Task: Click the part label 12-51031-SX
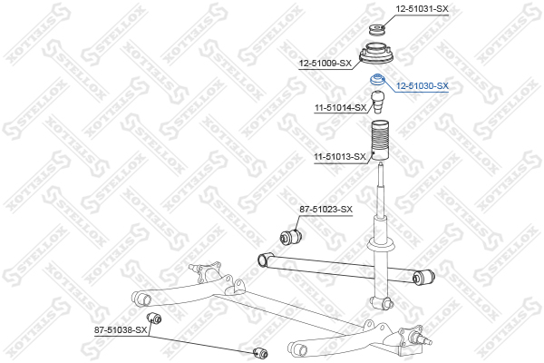click(x=422, y=9)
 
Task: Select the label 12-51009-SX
click(x=325, y=64)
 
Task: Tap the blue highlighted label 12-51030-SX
click(x=423, y=86)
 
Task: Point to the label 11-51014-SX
click(x=340, y=108)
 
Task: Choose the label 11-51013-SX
click(x=340, y=157)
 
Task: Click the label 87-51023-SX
click(x=325, y=209)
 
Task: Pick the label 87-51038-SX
click(x=121, y=330)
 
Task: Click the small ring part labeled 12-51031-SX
click(x=377, y=30)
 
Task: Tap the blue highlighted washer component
click(x=377, y=80)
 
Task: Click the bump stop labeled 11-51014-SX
click(x=378, y=102)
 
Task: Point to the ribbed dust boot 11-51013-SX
click(x=380, y=141)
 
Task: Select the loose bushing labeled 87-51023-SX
click(x=291, y=236)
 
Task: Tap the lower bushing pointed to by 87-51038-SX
click(x=260, y=353)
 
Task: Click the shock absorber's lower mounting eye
click(x=383, y=303)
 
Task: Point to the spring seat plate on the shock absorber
click(x=381, y=244)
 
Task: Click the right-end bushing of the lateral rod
click(x=423, y=276)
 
